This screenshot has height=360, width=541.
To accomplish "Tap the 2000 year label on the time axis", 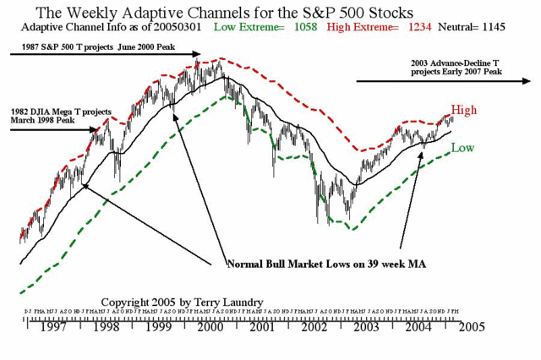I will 211,325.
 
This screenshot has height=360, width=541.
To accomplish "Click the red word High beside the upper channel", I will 464,111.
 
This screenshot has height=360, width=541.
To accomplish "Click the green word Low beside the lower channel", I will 462,148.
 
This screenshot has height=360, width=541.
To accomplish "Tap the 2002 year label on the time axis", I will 314,325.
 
